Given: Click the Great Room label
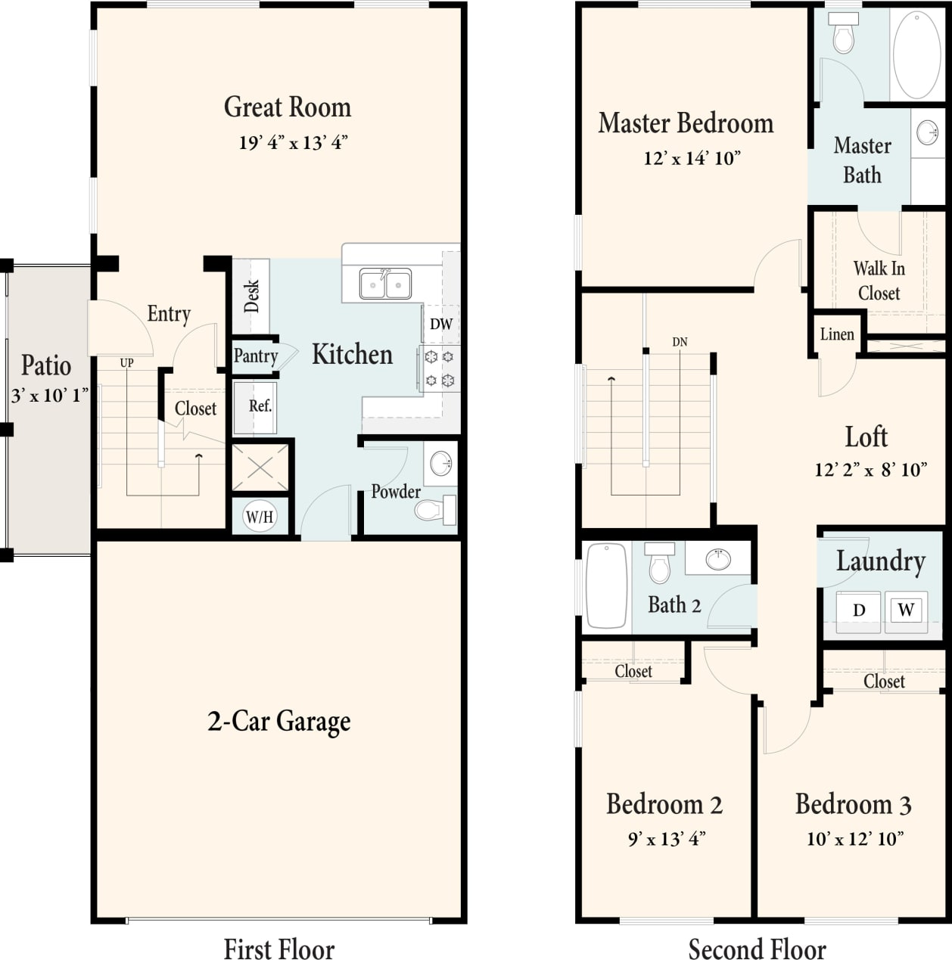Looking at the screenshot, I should [287, 107].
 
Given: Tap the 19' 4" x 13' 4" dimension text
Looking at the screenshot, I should [293, 142].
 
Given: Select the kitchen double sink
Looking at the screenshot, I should [385, 284].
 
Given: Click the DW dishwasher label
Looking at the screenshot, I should [440, 324].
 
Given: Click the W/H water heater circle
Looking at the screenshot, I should [259, 517].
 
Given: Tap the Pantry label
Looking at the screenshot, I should [255, 356].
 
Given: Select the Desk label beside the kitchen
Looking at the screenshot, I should [251, 296].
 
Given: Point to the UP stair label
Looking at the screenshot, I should [126, 363].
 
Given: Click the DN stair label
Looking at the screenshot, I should [680, 342].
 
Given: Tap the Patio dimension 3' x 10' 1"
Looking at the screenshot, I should [49, 395].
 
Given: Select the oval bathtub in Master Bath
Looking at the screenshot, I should [916, 54].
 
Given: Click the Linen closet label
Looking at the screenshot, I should [837, 334].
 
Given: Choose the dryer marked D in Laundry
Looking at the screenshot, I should [858, 610].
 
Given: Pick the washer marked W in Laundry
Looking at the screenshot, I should [905, 610].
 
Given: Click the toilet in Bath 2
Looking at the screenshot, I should [660, 563].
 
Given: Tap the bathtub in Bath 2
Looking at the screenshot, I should [607, 586].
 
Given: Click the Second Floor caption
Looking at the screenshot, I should [757, 949].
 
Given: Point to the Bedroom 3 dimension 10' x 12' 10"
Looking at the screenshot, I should [854, 838].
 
